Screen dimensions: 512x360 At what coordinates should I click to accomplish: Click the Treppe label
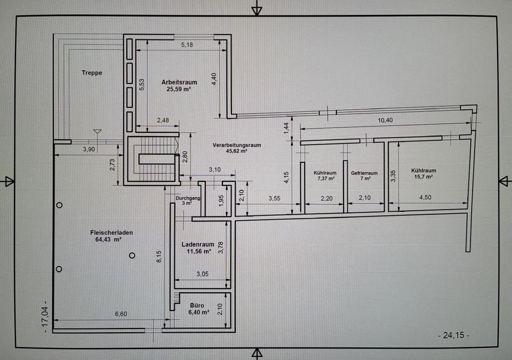click(92, 73)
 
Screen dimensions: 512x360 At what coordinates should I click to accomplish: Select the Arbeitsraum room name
click(179, 82)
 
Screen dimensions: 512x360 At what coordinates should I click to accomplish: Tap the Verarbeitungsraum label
click(237, 145)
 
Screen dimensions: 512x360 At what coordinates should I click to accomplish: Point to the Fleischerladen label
click(111, 233)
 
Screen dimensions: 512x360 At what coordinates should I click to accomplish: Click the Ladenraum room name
click(198, 244)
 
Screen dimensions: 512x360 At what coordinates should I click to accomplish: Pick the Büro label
click(197, 306)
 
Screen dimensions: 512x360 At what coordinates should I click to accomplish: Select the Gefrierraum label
click(364, 173)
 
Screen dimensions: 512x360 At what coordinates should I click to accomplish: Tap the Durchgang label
click(188, 198)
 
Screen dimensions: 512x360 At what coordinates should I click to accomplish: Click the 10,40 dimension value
click(385, 120)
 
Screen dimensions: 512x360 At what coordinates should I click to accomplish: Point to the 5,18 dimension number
click(187, 45)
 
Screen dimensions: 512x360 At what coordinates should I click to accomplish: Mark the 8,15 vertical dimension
click(159, 257)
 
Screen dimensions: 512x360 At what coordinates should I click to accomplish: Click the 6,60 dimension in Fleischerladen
click(121, 314)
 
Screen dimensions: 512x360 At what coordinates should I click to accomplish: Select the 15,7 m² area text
click(423, 177)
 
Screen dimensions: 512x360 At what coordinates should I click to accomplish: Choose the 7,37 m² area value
click(325, 178)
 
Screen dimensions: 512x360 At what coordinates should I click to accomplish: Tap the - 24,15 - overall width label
click(453, 335)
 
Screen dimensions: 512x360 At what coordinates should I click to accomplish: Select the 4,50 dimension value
click(425, 197)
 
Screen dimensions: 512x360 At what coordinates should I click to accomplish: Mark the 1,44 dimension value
click(286, 128)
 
